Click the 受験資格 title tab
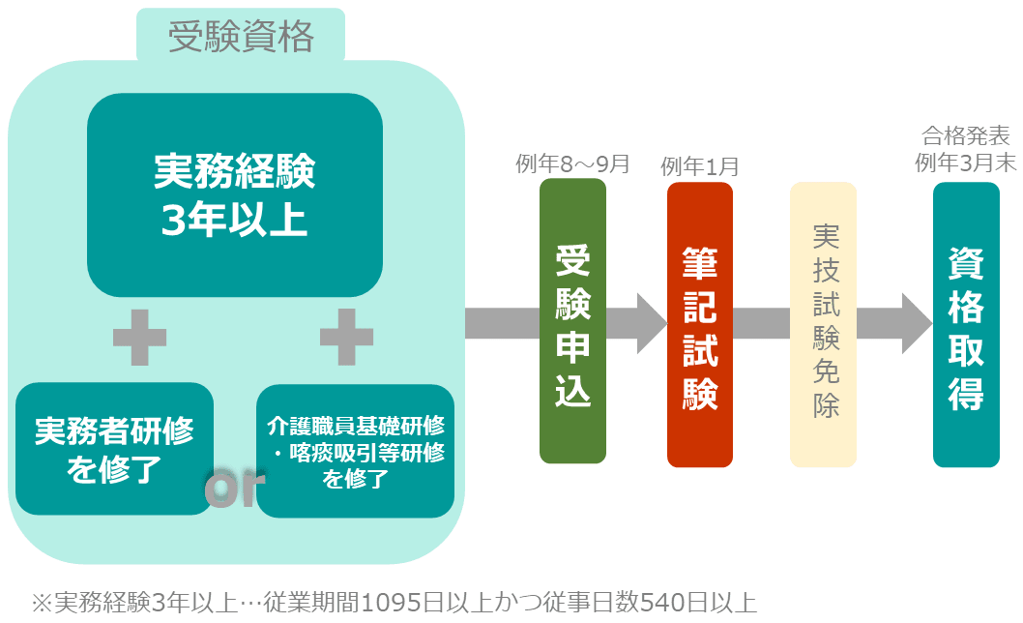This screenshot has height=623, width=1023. [241, 37]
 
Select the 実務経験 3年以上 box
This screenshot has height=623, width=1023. [235, 194]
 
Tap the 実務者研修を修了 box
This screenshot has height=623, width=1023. [114, 449]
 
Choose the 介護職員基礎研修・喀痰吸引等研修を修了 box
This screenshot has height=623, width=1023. [356, 452]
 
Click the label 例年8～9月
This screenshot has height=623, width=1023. [572, 164]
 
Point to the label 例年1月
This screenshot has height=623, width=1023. [700, 166]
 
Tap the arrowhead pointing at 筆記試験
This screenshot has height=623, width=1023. [652, 323]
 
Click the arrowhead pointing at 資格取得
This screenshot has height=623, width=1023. [916, 323]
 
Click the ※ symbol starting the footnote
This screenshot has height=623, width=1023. [44, 603]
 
